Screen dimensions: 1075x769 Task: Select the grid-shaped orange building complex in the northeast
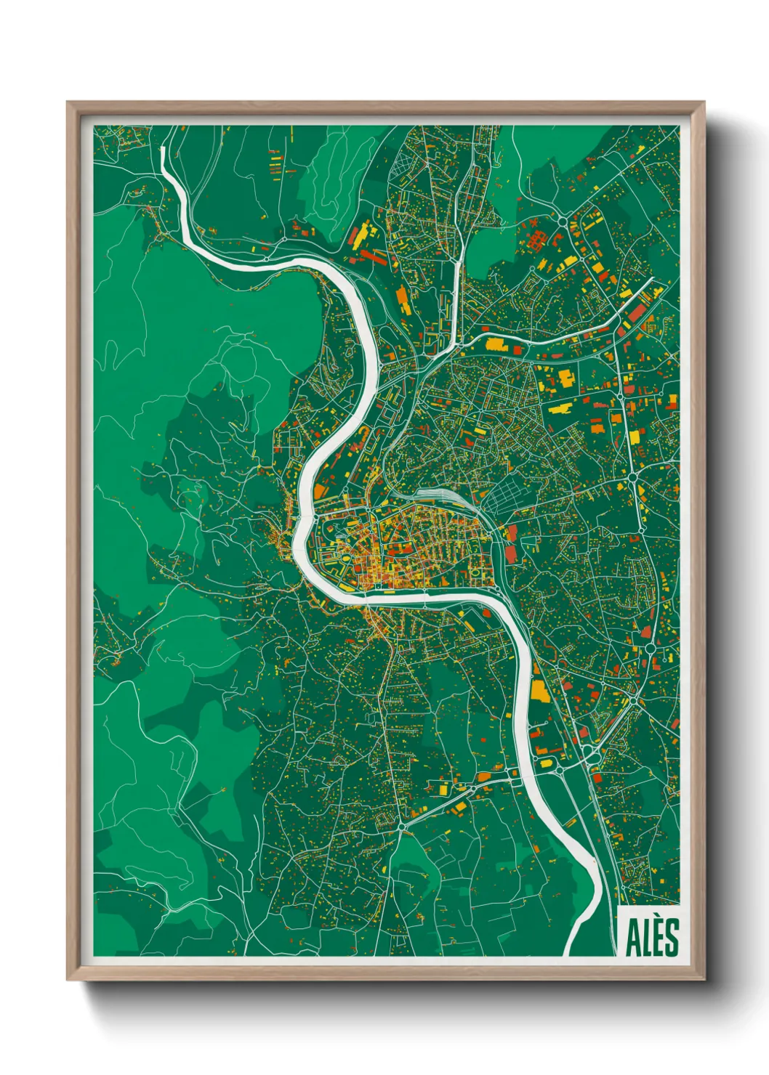(539, 238)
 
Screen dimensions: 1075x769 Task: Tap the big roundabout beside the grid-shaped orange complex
(563, 222)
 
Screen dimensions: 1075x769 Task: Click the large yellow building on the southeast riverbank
(539, 691)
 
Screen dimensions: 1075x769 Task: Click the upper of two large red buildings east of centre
(511, 535)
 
